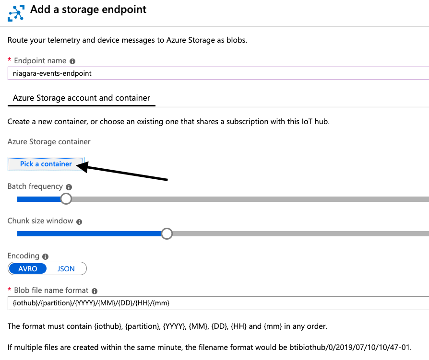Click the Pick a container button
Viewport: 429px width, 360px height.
pos(46,164)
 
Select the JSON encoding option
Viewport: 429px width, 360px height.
pos(66,268)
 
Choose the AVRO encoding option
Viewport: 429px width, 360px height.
pos(28,268)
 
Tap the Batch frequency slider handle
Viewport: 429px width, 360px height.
pos(66,198)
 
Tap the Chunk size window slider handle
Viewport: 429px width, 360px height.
pos(167,233)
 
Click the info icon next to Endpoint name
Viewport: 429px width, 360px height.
pos(72,61)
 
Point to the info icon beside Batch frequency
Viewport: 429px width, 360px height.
pos(69,187)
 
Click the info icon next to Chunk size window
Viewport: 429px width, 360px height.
pos(79,222)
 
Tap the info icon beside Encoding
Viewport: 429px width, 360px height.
pos(45,257)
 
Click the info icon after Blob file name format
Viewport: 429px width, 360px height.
pos(95,291)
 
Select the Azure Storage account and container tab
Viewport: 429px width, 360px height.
pos(82,98)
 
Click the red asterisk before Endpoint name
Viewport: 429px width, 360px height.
pos(9,60)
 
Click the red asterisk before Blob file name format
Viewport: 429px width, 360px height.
pos(9,290)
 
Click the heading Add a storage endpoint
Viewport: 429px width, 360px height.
pos(89,10)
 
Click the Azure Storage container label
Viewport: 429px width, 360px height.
pos(49,141)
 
